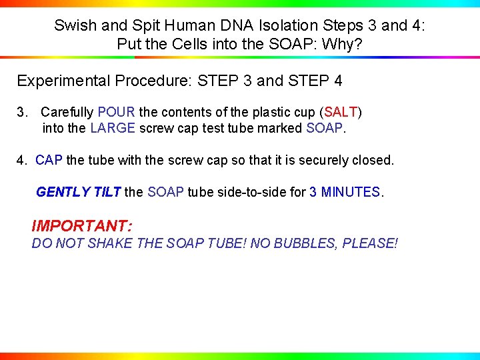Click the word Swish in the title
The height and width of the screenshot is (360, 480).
(x=74, y=26)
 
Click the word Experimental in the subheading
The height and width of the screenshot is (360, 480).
(x=59, y=81)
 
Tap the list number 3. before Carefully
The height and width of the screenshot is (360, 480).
(x=23, y=112)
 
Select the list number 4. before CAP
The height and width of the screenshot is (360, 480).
(x=23, y=161)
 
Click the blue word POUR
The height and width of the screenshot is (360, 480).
(x=116, y=112)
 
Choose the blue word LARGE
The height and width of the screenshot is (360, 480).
(x=112, y=128)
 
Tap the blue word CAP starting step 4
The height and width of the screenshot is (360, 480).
(x=49, y=161)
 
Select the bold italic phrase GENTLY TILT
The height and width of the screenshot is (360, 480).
(x=78, y=192)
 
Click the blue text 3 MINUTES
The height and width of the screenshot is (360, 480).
(x=345, y=192)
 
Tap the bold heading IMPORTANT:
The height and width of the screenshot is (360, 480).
(x=81, y=226)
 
